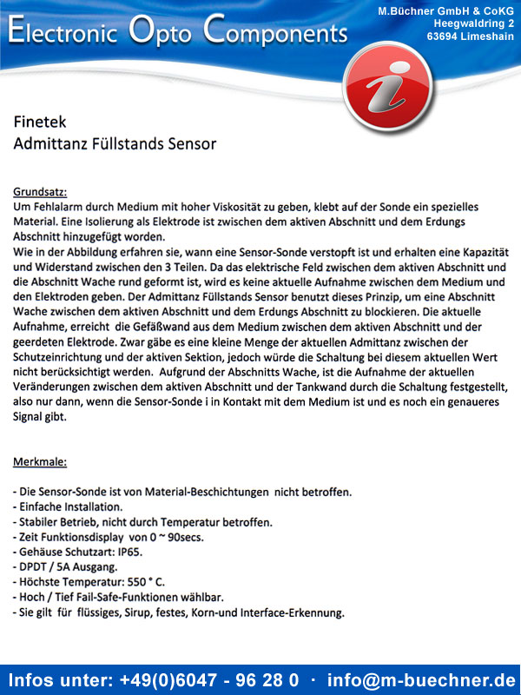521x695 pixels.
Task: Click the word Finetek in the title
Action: click(x=40, y=122)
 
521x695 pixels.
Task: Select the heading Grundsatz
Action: click(x=40, y=191)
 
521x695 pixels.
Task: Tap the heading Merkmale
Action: click(x=40, y=460)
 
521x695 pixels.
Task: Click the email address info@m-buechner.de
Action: click(x=420, y=678)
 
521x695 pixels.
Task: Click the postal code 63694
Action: click(x=445, y=36)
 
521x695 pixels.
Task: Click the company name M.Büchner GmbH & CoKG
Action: click(x=445, y=10)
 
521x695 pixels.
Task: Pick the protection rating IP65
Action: click(x=129, y=552)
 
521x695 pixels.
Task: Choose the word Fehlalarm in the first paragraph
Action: click(x=56, y=208)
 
